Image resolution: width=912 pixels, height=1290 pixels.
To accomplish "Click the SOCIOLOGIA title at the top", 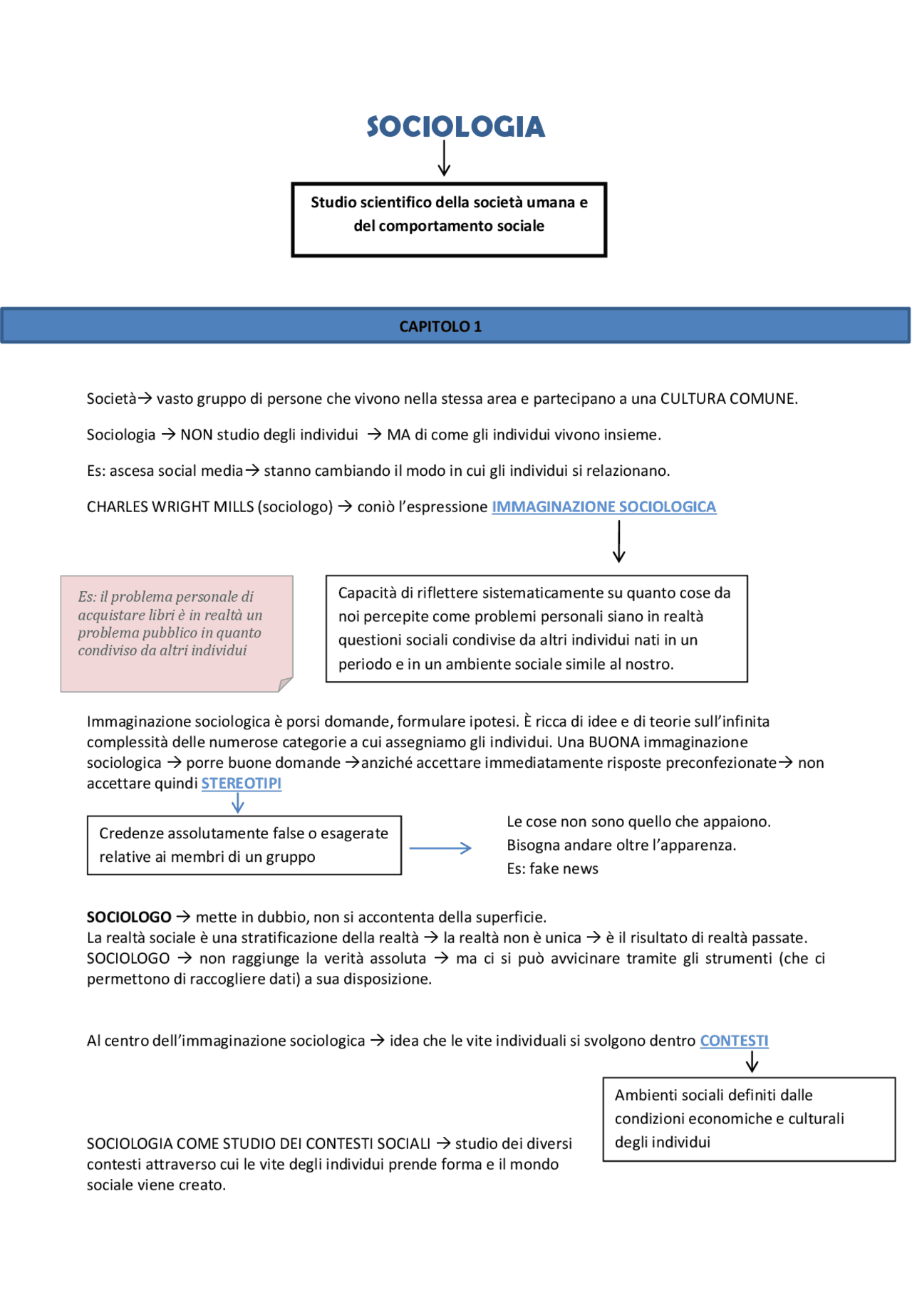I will (455, 127).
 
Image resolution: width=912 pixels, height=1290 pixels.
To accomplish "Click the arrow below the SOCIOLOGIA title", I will (444, 158).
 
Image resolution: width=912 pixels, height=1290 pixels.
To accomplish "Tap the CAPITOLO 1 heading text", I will (440, 326).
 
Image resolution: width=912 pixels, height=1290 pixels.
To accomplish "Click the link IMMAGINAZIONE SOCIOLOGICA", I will (603, 506).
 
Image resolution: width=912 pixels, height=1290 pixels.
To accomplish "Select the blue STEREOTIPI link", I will (241, 784).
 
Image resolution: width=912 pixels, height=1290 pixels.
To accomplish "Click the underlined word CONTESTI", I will (734, 1041).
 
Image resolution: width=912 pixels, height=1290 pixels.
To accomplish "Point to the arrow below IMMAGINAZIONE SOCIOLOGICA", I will (618, 541).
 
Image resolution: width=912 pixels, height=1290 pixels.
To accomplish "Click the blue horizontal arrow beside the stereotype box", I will (440, 848).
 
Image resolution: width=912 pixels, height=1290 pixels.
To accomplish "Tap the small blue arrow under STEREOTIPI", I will (238, 804).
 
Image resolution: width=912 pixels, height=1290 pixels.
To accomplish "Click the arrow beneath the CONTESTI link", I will (752, 1063).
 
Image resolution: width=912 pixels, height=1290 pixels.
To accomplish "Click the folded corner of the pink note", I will (285, 685).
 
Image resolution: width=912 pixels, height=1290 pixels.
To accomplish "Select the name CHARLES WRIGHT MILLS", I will (170, 506).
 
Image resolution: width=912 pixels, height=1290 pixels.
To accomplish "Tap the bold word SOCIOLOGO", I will (129, 917).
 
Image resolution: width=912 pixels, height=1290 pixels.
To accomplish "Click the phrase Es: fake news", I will (552, 869).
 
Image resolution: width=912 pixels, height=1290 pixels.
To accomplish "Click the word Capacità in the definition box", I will (366, 593).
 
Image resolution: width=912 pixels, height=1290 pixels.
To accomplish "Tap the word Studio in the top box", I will (333, 202).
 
